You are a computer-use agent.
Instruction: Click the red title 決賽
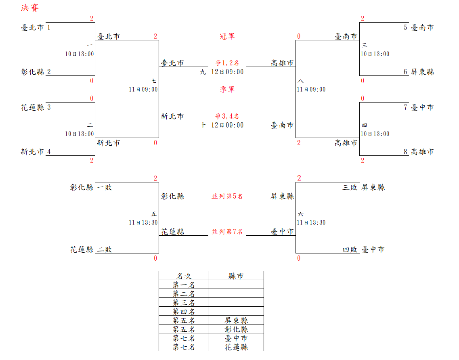[30, 8]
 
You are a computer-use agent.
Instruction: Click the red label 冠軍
[227, 36]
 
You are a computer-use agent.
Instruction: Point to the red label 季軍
[227, 90]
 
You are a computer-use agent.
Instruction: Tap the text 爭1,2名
[227, 63]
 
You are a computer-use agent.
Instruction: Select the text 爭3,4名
[227, 116]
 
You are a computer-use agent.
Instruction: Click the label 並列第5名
[227, 196]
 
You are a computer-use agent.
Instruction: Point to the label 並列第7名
[227, 232]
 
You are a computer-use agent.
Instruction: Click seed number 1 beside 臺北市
[49, 27]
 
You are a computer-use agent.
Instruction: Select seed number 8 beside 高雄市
[405, 152]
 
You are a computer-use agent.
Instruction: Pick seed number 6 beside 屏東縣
[405, 72]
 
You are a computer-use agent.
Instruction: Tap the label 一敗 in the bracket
[105, 187]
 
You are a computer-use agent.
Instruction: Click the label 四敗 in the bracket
[350, 249]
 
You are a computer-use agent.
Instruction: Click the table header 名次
[184, 276]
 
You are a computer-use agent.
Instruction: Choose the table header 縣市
[236, 276]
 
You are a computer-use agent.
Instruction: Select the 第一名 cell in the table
[184, 285]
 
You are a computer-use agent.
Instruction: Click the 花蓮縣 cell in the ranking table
[236, 347]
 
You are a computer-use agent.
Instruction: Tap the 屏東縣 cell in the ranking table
[236, 320]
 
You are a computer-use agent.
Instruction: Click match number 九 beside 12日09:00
[203, 72]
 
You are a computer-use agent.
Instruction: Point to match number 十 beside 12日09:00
[203, 125]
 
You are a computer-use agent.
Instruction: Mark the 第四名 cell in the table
[184, 312]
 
